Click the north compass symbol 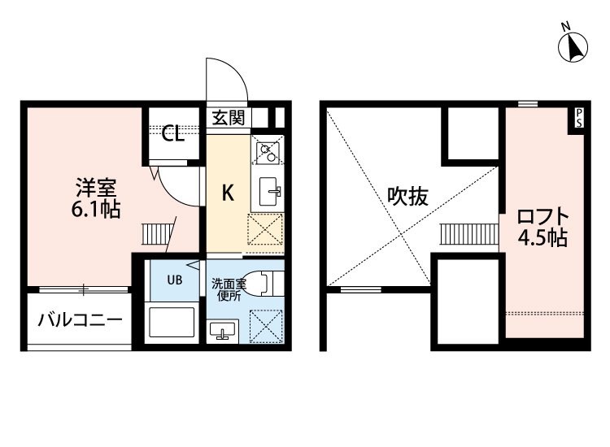(x=573, y=46)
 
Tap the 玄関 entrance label (x=229, y=117)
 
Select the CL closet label (x=172, y=134)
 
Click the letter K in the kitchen (x=228, y=193)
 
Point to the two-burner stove (x=268, y=152)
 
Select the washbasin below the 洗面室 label (x=223, y=331)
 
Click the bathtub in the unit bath (x=172, y=322)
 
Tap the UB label (x=175, y=280)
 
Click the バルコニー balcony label (x=81, y=320)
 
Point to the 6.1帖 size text (x=96, y=210)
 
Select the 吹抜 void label (x=407, y=197)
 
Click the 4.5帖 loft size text (x=542, y=237)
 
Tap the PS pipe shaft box (x=578, y=118)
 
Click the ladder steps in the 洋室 (x=156, y=234)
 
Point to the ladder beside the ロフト (x=469, y=234)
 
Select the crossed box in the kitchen (x=265, y=229)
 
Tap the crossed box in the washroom (x=266, y=326)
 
